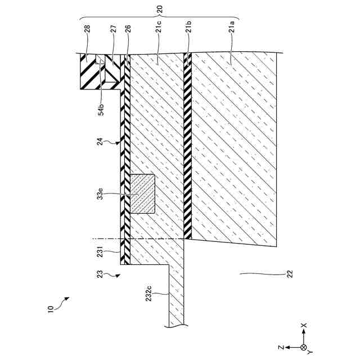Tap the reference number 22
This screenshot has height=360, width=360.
point(290,274)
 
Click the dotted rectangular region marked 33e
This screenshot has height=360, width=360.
point(143,194)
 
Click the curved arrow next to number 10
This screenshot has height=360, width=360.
point(65,301)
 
